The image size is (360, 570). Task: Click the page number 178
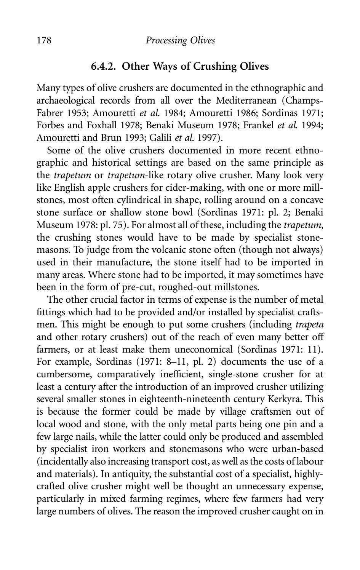point(44,40)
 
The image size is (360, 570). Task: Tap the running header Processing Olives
point(180,40)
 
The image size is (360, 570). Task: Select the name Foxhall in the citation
point(102,125)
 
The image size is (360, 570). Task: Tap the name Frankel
point(256,125)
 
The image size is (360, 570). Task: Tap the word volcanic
point(158,250)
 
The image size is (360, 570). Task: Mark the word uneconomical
point(204,350)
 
